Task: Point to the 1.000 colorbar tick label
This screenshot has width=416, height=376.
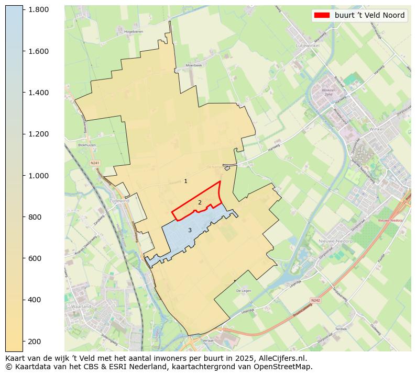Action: [38, 176]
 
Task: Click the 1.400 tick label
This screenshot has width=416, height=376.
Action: [38, 93]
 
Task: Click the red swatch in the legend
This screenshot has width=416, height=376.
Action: [322, 15]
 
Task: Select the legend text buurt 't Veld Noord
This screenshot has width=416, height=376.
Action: [369, 15]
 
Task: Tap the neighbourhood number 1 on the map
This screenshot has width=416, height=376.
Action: [185, 181]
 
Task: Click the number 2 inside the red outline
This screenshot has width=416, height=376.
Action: [200, 202]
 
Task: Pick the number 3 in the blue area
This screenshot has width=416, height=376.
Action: [190, 230]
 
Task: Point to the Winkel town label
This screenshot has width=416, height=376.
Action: [376, 129]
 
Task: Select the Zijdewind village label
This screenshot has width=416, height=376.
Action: [119, 200]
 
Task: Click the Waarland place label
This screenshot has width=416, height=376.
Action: [81, 306]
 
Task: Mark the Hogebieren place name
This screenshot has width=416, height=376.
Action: [134, 32]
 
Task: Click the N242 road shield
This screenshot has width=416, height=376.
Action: [315, 300]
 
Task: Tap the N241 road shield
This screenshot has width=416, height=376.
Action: [95, 163]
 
